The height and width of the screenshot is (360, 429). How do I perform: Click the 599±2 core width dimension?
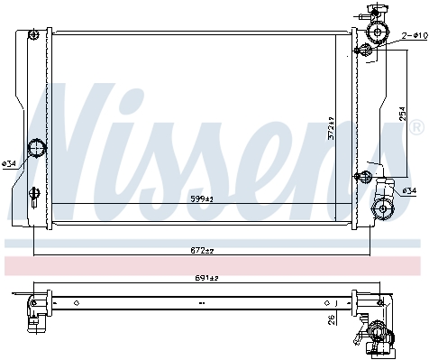[202, 198]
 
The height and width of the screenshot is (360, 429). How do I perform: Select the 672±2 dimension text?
[202, 250]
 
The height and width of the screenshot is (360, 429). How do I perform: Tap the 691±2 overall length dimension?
[206, 278]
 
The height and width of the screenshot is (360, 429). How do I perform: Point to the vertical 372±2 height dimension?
[331, 128]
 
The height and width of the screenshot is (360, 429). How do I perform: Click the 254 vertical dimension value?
[403, 114]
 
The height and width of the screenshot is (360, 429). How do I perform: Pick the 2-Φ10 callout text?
[415, 36]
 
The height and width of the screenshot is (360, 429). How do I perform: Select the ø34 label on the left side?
[9, 164]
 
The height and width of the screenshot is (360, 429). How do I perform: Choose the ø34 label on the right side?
[409, 190]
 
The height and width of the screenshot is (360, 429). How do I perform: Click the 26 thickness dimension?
[332, 320]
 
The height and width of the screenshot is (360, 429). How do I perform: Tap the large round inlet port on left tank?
[36, 148]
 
